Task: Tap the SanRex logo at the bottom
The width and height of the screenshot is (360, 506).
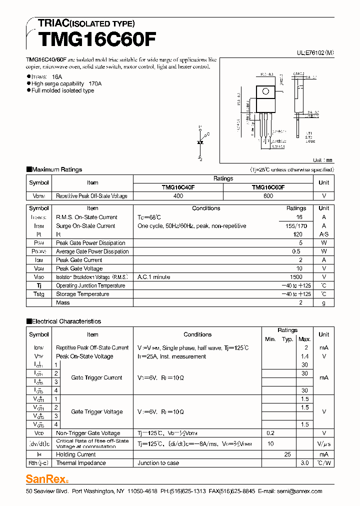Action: tap(47, 479)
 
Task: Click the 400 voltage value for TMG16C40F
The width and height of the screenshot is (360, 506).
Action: tap(178, 196)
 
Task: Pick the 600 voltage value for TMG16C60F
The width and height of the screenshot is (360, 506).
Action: tap(268, 196)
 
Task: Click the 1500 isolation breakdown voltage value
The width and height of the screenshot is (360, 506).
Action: tap(296, 277)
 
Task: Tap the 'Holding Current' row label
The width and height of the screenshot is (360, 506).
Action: tap(76, 454)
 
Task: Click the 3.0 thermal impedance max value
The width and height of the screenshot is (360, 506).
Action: tap(304, 463)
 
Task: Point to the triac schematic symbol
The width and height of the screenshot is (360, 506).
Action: tap(200, 142)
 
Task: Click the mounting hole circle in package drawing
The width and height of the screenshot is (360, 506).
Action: tap(265, 91)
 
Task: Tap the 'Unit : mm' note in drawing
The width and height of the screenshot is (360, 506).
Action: tap(322, 160)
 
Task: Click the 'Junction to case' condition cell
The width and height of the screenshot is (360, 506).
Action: tap(158, 463)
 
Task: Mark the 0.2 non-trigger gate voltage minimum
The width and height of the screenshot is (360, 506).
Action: tap(270, 433)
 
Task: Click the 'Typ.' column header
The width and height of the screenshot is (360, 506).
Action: tap(287, 339)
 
